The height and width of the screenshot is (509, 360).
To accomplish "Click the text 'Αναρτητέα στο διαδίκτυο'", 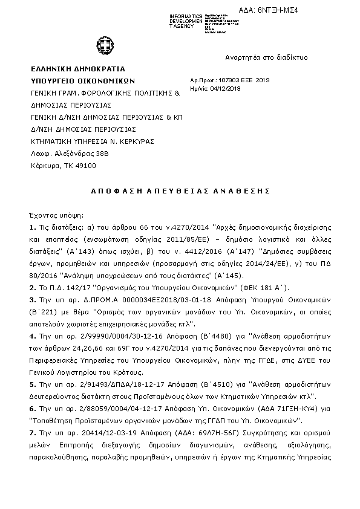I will tap(267, 57).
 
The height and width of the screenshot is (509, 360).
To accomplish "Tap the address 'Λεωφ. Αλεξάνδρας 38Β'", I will tap(68, 154).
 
